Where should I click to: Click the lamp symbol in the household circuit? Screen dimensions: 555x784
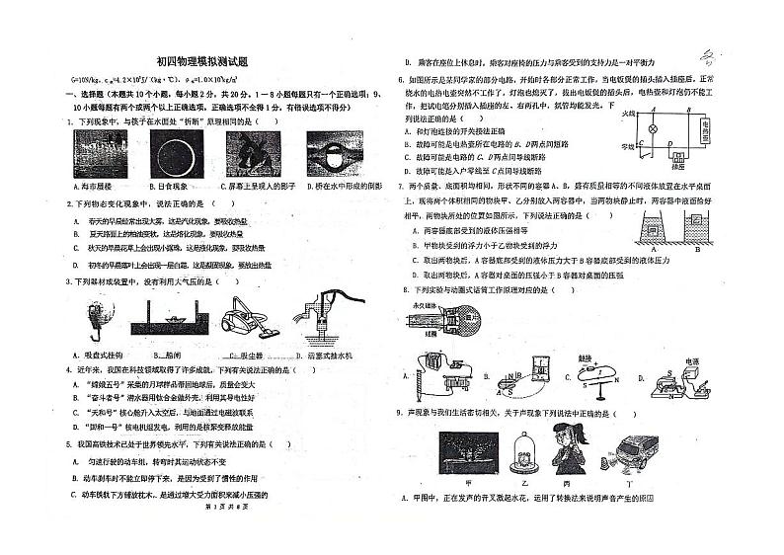coord(651,128)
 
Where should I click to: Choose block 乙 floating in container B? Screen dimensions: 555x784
coord(697,218)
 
